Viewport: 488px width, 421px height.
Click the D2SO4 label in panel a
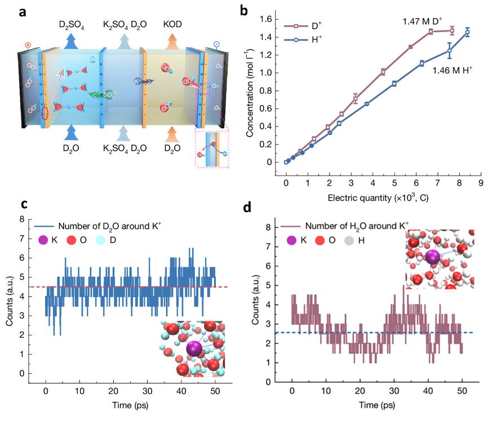72,25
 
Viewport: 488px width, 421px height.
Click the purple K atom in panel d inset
433,258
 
